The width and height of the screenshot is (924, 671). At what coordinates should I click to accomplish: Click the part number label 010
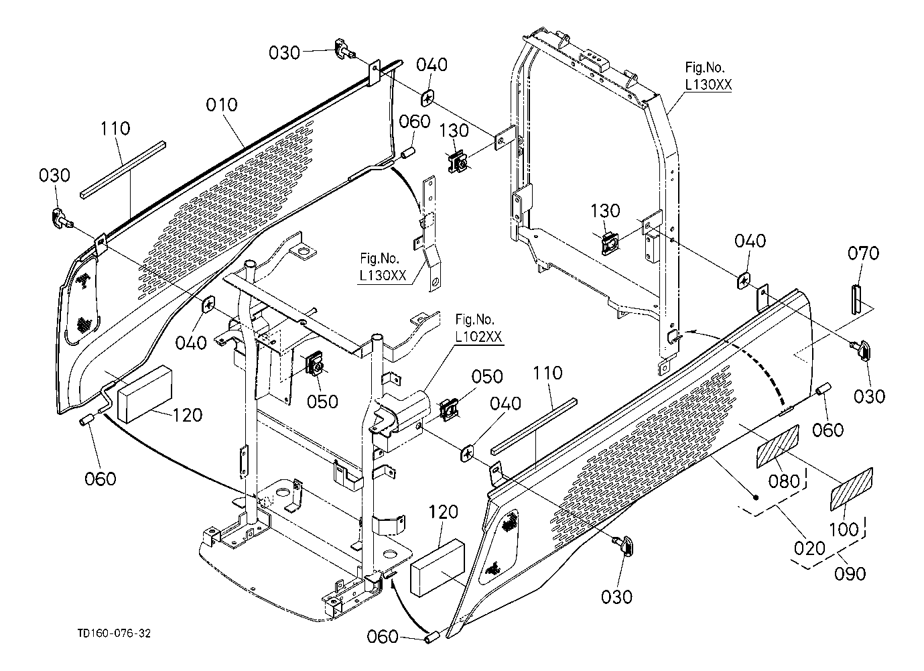pyautogui.click(x=221, y=105)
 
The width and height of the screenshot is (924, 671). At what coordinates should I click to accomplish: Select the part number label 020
pyautogui.click(x=809, y=548)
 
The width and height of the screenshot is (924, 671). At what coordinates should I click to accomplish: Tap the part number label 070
pyautogui.click(x=864, y=254)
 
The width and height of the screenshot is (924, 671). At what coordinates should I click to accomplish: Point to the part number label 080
pyautogui.click(x=785, y=481)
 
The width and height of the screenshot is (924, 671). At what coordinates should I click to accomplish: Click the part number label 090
pyautogui.click(x=850, y=573)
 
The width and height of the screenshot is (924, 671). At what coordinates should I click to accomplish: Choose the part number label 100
pyautogui.click(x=844, y=528)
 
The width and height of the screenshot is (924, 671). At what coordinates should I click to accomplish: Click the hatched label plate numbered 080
pyautogui.click(x=777, y=445)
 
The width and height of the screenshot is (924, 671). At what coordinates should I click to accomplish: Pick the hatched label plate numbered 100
pyautogui.click(x=852, y=489)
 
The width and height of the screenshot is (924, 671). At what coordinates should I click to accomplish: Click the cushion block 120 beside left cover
pyautogui.click(x=143, y=393)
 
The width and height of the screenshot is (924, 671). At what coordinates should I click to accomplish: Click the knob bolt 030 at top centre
pyautogui.click(x=344, y=50)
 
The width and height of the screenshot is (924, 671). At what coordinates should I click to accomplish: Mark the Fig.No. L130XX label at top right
pyautogui.click(x=708, y=76)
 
